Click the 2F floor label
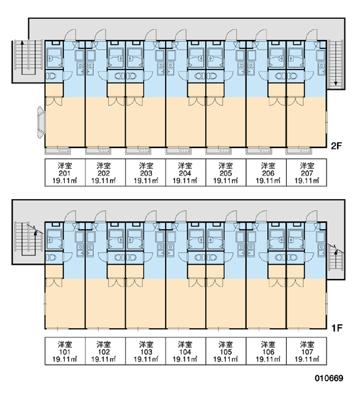pos(336,145)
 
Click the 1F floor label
pos(336,327)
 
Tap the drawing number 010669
pos(329,378)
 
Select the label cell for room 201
pos(65,172)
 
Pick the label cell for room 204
pos(186,172)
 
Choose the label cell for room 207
pos(306,172)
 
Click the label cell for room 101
pos(65,351)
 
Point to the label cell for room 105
pos(226,351)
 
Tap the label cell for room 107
pos(306,351)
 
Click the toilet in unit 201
pos(51,76)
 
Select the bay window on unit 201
pos(41,122)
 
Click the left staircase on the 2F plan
pos(27,57)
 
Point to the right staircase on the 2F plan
pos(335,64)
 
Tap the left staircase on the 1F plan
pos(27,238)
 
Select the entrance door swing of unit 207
pos(312,35)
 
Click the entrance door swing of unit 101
pos(71,216)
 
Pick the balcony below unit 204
pos(178,151)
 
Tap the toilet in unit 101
pos(51,257)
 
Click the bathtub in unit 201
pos(54,58)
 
